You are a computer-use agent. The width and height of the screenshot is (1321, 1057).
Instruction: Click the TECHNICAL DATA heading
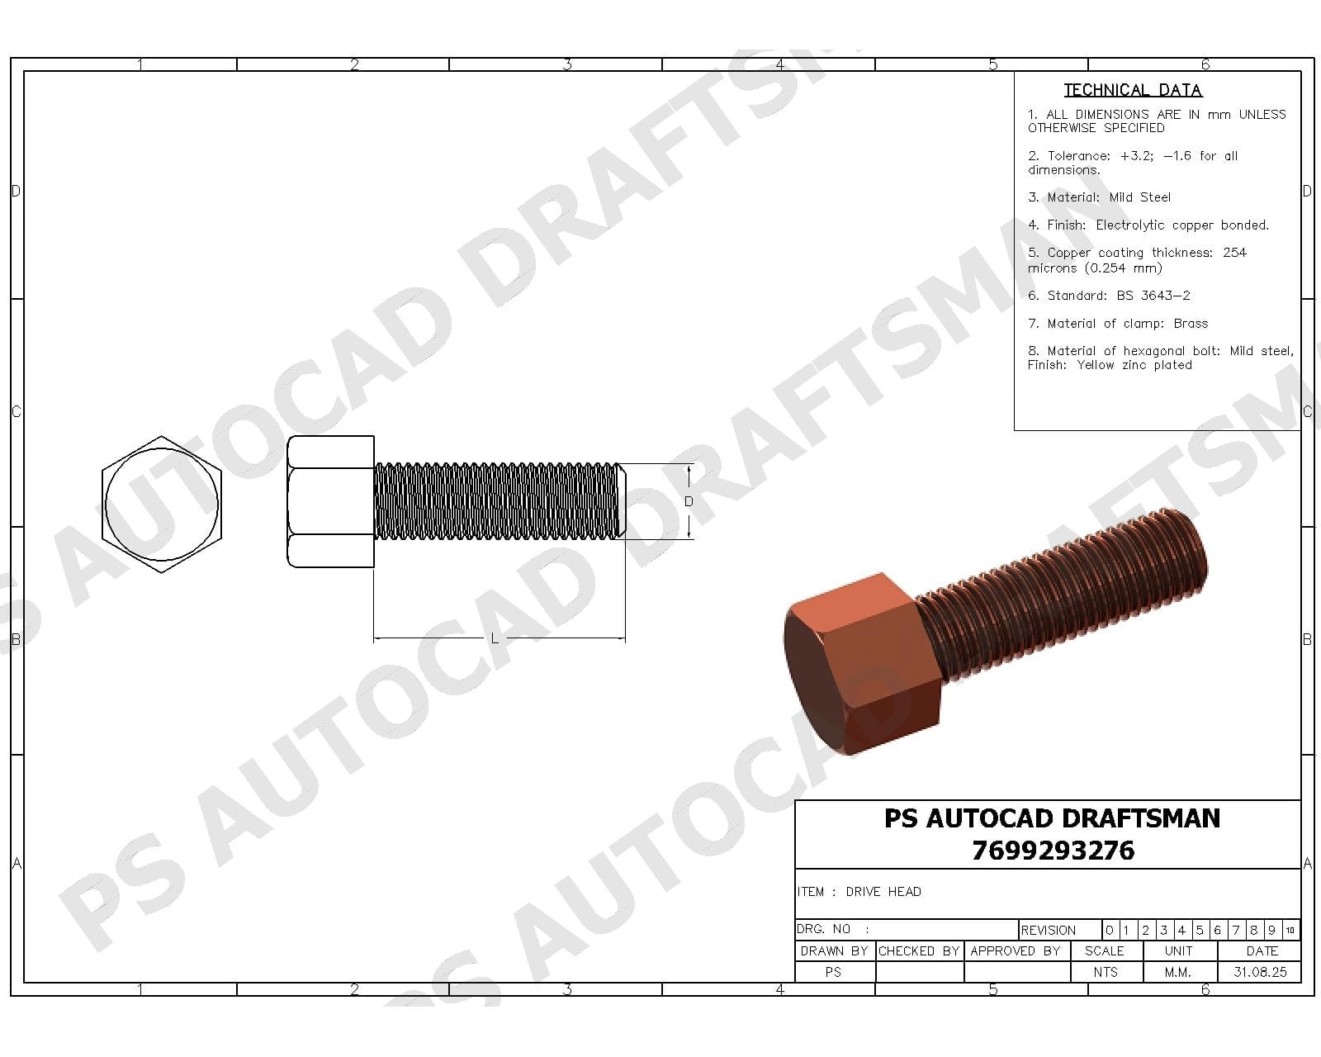click(1132, 90)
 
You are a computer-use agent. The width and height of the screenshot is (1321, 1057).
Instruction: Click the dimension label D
click(689, 501)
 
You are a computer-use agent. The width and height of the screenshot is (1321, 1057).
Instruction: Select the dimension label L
click(495, 638)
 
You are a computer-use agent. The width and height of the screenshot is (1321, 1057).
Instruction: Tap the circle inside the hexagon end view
click(162, 502)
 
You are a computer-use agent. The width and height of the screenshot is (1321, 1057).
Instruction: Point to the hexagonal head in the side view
click(331, 502)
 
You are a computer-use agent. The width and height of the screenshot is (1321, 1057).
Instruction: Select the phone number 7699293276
click(1053, 851)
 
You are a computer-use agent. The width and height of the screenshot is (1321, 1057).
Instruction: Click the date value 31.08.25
click(1260, 972)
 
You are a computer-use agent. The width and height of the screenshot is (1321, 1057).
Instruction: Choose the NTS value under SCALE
click(1106, 972)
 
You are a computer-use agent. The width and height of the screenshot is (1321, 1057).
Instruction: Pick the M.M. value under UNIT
click(1178, 972)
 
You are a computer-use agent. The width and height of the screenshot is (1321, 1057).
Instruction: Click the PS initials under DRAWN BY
click(833, 972)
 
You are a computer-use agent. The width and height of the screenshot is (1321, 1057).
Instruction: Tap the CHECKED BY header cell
click(919, 951)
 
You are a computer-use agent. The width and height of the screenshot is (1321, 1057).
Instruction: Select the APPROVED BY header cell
click(1016, 951)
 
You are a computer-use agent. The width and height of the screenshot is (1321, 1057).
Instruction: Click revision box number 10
click(1290, 931)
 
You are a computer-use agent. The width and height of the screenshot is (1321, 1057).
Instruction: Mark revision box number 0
click(1110, 931)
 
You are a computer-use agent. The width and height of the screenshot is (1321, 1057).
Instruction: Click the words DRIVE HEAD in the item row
click(883, 892)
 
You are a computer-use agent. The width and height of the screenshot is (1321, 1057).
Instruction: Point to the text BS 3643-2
click(1153, 296)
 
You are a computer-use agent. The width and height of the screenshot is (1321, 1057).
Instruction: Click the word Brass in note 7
click(1191, 324)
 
